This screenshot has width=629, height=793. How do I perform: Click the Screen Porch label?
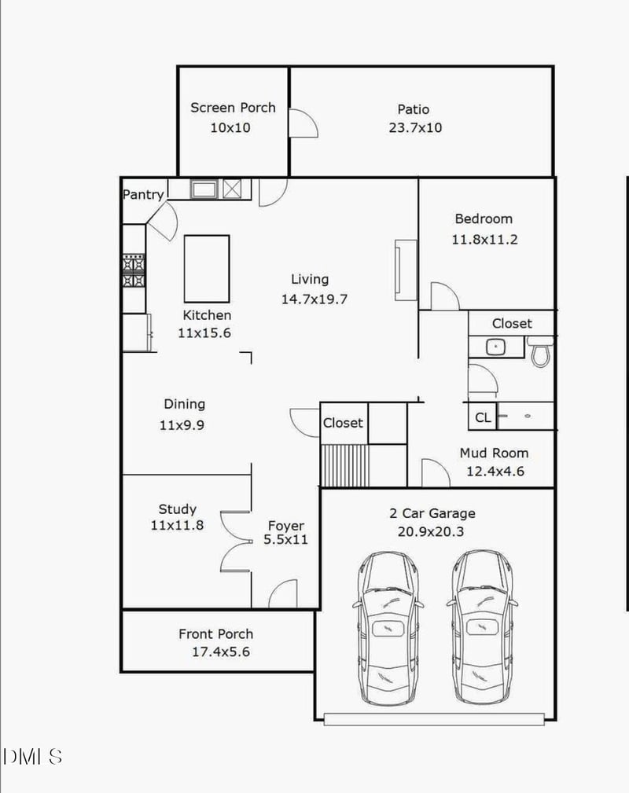(x=233, y=108)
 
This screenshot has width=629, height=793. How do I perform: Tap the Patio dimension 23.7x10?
(x=415, y=127)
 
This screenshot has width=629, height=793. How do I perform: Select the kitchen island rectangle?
(x=207, y=268)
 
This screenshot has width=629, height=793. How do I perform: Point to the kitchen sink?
(x=205, y=189)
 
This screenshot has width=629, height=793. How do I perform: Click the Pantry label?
(x=143, y=194)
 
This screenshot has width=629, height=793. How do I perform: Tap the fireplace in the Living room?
(x=405, y=270)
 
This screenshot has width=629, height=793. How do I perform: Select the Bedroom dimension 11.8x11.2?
(x=484, y=240)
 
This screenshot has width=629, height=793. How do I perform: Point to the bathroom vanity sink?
(x=495, y=347)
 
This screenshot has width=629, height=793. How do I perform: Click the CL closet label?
(x=483, y=418)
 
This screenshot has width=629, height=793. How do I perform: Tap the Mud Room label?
(x=494, y=453)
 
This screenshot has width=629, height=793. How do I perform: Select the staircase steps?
(x=345, y=465)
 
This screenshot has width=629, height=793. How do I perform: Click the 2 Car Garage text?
(x=432, y=513)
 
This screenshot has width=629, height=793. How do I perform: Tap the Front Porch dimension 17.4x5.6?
(x=220, y=652)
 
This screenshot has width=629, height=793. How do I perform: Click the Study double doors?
(x=233, y=540)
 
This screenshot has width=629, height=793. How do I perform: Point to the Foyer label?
(x=285, y=526)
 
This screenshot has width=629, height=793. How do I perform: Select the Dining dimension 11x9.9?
(x=184, y=425)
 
